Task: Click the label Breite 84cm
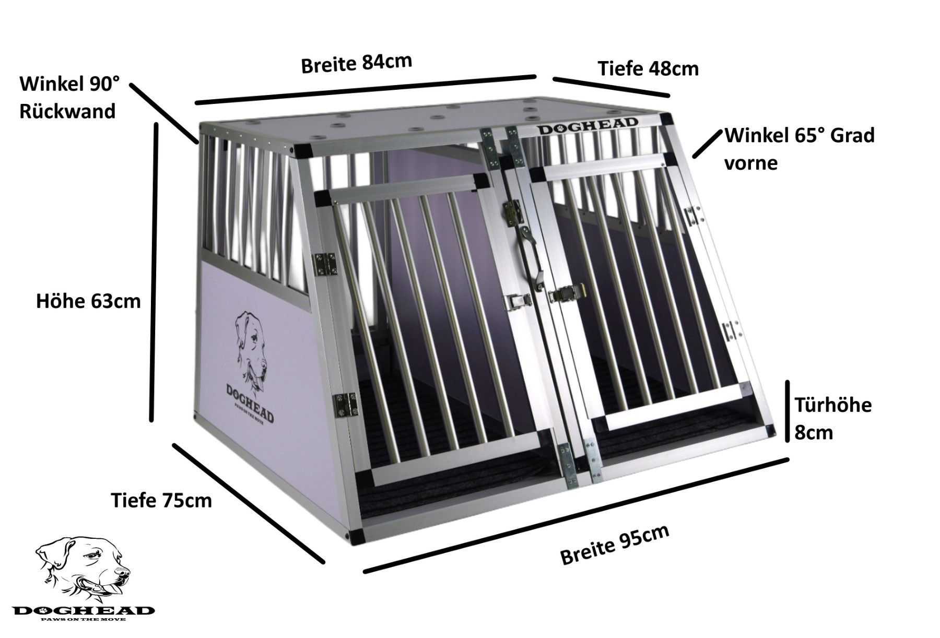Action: [357, 63]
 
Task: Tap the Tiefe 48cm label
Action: [648, 68]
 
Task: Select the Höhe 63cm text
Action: [88, 301]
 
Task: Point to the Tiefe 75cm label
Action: [161, 500]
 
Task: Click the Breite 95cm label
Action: [615, 545]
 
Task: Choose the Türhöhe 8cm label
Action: [833, 419]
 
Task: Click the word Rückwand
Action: [67, 111]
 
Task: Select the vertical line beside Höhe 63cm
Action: [154, 271]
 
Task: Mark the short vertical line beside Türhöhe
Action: [788, 411]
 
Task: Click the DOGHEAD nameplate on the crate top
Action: [589, 124]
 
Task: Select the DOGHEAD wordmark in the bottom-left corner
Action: [84, 611]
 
